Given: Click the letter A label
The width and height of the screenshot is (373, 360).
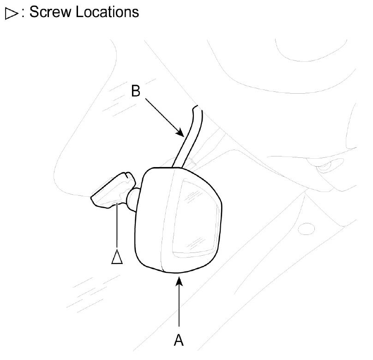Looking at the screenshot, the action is tap(179, 340).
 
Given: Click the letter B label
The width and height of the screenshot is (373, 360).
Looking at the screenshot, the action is tap(136, 91).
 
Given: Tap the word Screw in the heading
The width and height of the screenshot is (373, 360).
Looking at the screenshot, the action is tap(50, 12).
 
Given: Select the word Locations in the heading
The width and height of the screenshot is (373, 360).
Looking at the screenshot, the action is tap(107, 12).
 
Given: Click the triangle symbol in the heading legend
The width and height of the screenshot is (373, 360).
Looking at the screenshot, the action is tap(11, 13).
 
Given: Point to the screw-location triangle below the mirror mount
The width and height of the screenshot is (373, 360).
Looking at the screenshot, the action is tap(117, 257).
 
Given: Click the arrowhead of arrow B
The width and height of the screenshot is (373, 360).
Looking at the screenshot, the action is tap(180, 132).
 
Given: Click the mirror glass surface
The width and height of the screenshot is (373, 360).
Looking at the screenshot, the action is tap(196, 217).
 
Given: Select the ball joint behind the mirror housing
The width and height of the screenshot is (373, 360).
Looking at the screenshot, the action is tap(132, 199).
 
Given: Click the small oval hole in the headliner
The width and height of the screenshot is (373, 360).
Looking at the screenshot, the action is tap(307, 229).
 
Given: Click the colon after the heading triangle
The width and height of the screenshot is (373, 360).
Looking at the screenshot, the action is tap(23, 12).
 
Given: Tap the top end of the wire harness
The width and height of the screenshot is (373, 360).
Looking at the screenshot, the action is tap(198, 107).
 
